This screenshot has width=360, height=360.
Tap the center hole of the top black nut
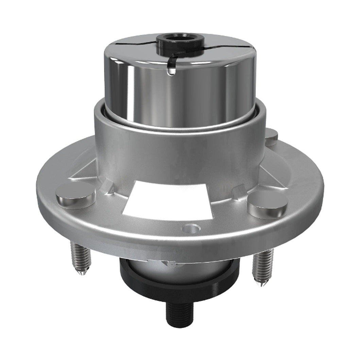(x=180, y=38)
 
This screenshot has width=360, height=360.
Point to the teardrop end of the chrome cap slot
(x=171, y=70)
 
